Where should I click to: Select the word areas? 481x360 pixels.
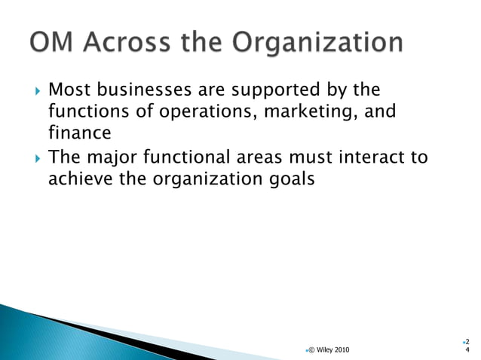(x=263, y=158)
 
